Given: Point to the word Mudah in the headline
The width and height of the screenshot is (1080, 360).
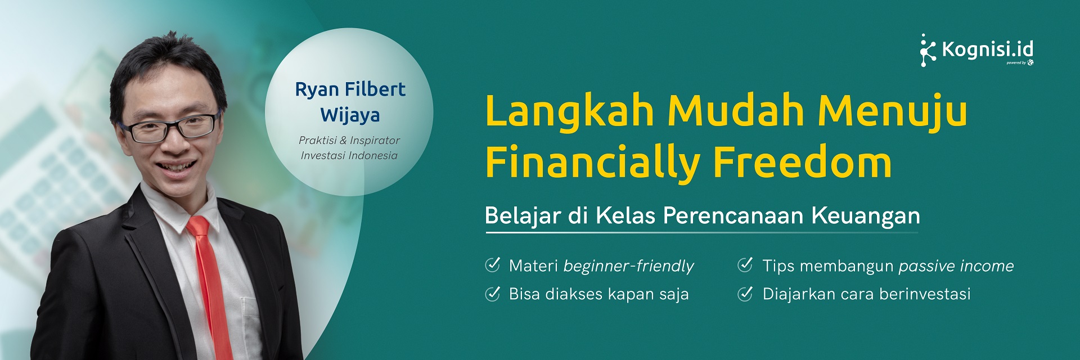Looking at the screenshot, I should (736, 111).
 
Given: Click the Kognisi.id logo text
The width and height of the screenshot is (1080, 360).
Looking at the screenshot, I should (987, 50).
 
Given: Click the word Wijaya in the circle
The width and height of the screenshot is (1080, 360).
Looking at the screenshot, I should (350, 115).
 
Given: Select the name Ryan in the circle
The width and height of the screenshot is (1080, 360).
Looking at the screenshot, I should (317, 89).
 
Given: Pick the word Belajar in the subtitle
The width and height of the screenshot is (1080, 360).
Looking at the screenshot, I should (523, 216).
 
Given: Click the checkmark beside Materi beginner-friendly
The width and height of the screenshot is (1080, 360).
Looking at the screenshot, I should (493, 265).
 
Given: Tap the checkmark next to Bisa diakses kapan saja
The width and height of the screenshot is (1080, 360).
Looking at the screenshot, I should (493, 294).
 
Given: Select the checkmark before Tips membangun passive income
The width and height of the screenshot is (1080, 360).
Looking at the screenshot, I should (745, 265).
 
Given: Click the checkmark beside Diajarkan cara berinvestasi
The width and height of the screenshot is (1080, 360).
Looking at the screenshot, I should (745, 294).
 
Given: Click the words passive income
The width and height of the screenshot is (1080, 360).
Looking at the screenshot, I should (956, 266).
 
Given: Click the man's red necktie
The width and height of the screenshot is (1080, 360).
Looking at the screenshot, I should (211, 281).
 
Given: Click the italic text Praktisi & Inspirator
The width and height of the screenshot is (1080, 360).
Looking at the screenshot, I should (349, 141).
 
